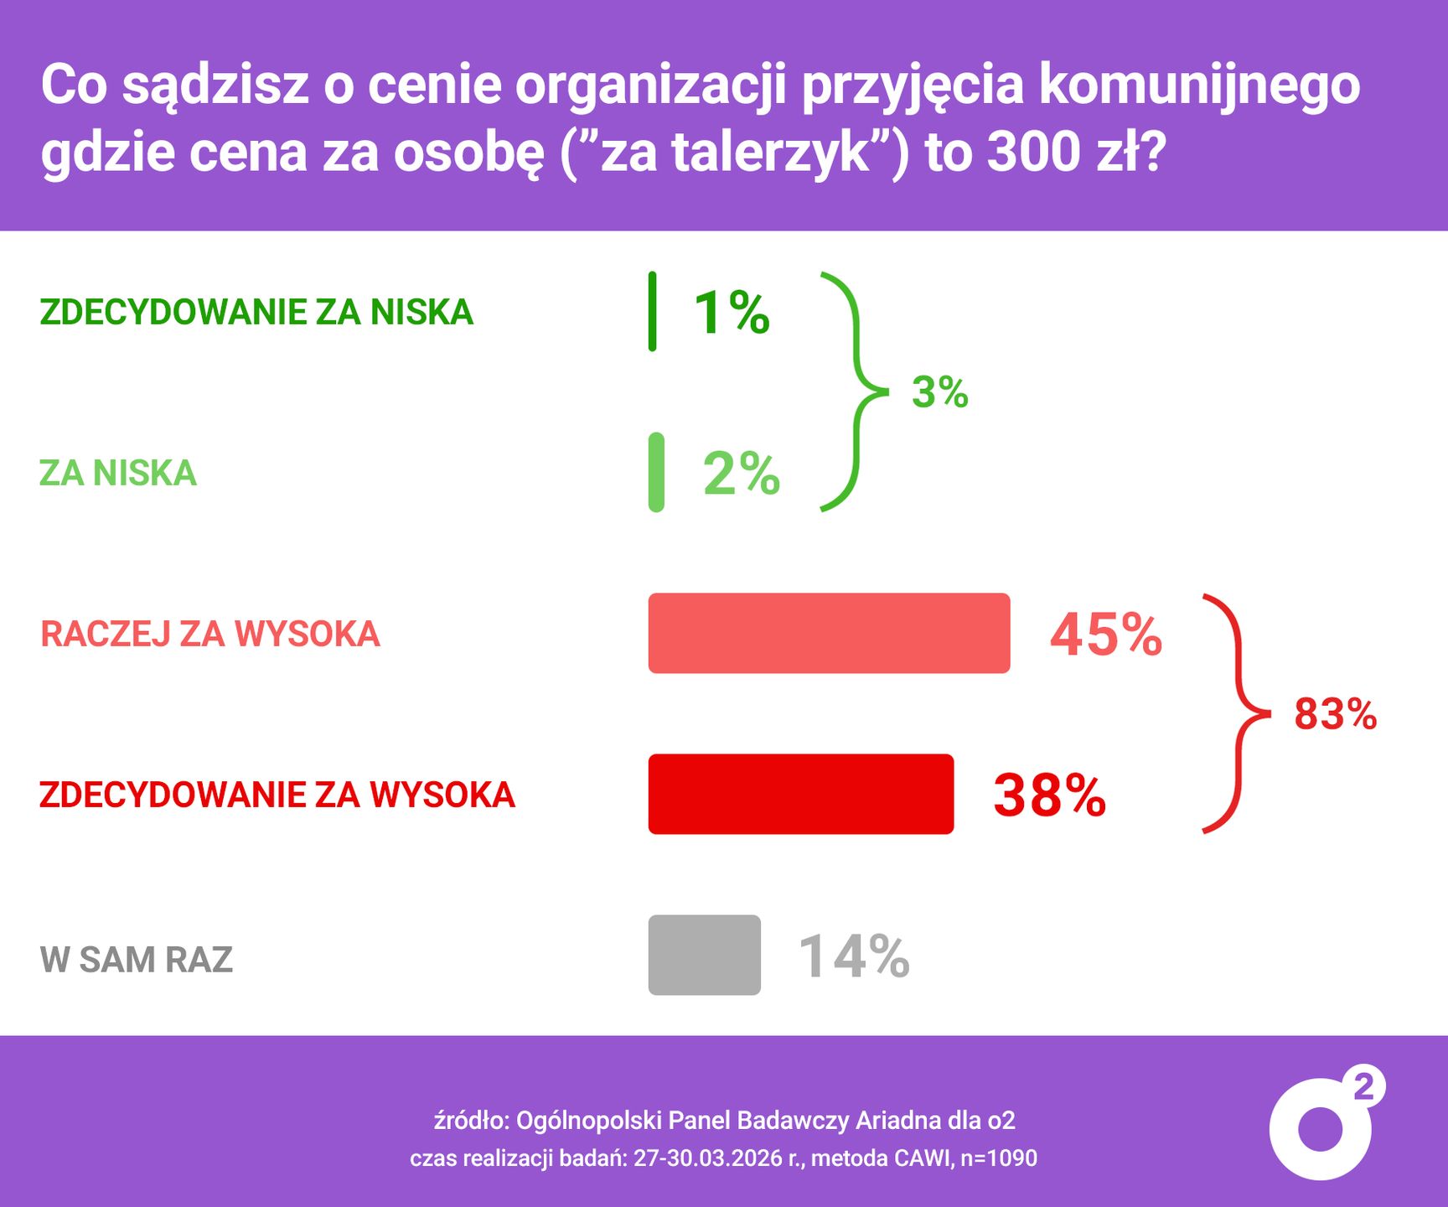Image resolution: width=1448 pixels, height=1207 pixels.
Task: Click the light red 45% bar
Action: click(829, 633)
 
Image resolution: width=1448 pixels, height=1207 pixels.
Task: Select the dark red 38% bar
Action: click(800, 794)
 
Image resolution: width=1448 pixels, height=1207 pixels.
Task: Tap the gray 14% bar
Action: click(704, 955)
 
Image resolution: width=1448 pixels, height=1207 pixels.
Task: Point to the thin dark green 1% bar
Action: click(653, 311)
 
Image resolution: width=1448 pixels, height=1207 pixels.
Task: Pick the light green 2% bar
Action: click(656, 472)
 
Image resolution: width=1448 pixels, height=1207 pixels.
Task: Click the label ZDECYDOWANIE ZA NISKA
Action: click(256, 312)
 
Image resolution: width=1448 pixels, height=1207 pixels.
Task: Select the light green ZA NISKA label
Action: click(118, 473)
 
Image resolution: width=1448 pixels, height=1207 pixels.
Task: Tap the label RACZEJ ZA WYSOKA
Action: click(210, 634)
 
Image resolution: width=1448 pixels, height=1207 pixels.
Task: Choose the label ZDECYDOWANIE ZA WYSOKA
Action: click(277, 795)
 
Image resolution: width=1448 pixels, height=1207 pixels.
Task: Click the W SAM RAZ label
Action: click(137, 959)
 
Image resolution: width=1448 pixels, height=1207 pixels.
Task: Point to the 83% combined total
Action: click(1335, 714)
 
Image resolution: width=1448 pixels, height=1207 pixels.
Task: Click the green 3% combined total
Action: click(939, 391)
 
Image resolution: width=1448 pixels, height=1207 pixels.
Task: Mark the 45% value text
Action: click(1106, 635)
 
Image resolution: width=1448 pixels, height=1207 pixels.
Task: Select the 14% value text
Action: click(854, 956)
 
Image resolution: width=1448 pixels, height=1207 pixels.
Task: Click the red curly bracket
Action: click(1237, 713)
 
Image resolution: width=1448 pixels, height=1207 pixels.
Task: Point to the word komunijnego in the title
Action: click(1199, 85)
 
